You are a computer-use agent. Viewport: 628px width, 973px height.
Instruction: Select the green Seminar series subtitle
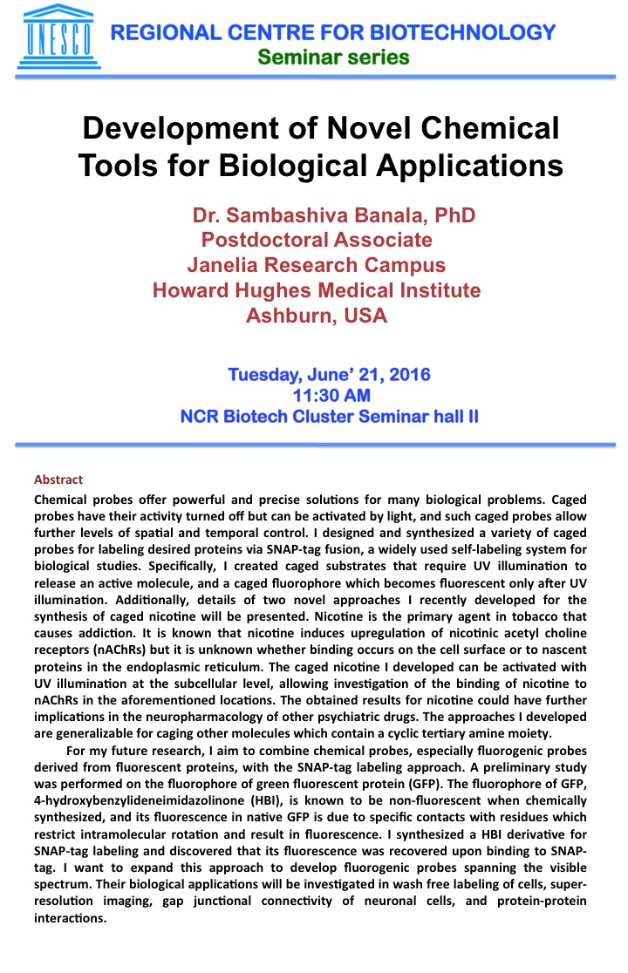coord(332,58)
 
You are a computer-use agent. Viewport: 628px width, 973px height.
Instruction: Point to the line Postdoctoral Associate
coord(317,240)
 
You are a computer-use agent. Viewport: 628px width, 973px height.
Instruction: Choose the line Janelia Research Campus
coord(316,265)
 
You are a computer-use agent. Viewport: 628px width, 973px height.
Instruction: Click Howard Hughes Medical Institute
coord(316,290)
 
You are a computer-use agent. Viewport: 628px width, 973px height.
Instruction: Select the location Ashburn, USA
coord(316,316)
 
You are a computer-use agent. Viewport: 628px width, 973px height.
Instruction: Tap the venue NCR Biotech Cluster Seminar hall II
coord(329,416)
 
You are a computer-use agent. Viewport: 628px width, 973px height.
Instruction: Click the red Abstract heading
coord(58,480)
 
